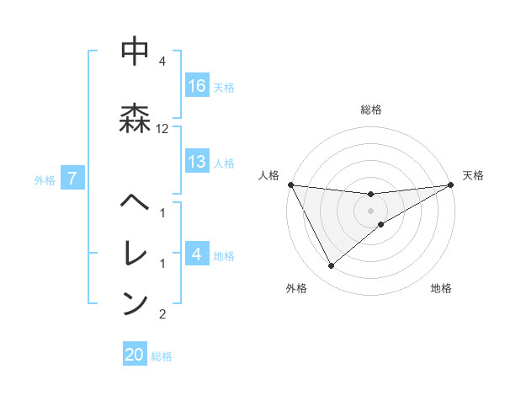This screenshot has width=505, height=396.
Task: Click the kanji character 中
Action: click(136, 52)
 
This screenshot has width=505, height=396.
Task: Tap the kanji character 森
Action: click(136, 116)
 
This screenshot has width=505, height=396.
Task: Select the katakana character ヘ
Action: click(136, 203)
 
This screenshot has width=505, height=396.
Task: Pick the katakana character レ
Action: click(136, 252)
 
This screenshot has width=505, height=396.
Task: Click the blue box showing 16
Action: click(197, 86)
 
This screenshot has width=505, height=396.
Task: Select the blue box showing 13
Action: click(197, 163)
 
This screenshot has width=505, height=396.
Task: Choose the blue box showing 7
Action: click(73, 178)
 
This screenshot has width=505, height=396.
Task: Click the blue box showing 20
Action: click(135, 355)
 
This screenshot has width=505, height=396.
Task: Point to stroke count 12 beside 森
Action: click(162, 129)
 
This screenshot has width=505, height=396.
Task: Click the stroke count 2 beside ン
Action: click(162, 314)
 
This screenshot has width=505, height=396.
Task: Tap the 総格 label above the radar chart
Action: click(371, 110)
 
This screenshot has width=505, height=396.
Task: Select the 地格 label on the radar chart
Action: click(441, 288)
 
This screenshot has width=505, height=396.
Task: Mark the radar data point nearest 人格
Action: click(290, 185)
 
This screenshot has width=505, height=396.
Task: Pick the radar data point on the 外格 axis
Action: click(331, 266)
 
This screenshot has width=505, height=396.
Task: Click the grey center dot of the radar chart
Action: click(371, 211)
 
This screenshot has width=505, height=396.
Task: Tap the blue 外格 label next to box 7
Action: click(45, 179)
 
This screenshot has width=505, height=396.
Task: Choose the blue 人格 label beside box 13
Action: click(224, 163)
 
